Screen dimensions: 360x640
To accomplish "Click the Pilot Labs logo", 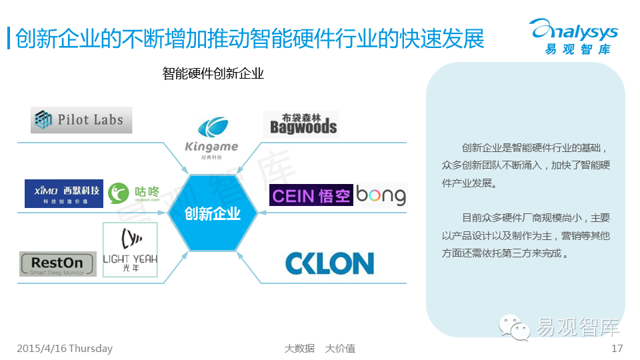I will pyautogui.click(x=81, y=120).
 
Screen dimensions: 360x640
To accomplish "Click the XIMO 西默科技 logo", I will pyautogui.click(x=64, y=193).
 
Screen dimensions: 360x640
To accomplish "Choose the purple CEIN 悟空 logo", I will pyautogui.click(x=311, y=195).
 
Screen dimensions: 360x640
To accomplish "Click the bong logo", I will pyautogui.click(x=381, y=195).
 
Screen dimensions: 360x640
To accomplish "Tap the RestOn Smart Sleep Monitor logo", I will pyautogui.click(x=58, y=264).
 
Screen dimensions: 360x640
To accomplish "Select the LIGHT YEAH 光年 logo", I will pyautogui.click(x=130, y=249).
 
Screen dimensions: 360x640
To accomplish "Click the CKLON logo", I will pyautogui.click(x=329, y=263).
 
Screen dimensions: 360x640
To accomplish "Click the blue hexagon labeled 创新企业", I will pyautogui.click(x=212, y=214).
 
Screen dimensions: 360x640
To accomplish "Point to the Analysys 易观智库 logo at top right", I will pyautogui.click(x=573, y=37).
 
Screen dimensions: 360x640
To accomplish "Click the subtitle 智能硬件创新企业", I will pyautogui.click(x=213, y=73).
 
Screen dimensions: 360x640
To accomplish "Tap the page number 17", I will pyautogui.click(x=617, y=348).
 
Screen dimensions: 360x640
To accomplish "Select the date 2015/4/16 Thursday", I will pyautogui.click(x=65, y=348).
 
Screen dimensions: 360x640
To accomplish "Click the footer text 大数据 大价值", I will pyautogui.click(x=319, y=348).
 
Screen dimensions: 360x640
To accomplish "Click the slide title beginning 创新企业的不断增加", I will pyautogui.click(x=249, y=39).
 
